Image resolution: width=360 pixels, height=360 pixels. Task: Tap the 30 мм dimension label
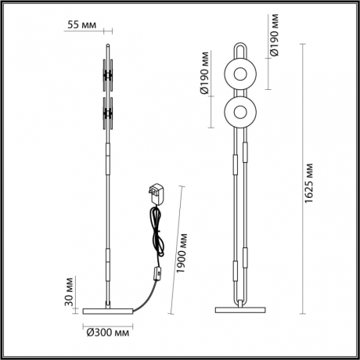coord(70,289)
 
